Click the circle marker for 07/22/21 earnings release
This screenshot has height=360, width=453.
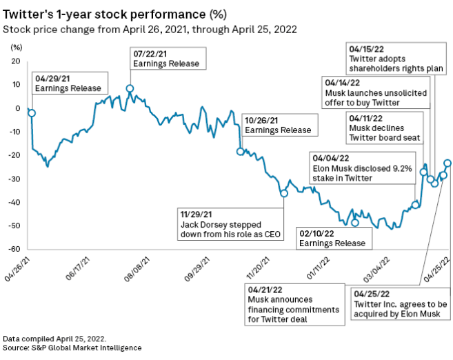pyautogui.click(x=130, y=89)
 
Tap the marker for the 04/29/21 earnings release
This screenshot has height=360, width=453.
pyautogui.click(x=32, y=112)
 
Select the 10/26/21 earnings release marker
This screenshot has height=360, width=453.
pyautogui.click(x=241, y=152)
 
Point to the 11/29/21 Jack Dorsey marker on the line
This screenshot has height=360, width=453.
pyautogui.click(x=284, y=194)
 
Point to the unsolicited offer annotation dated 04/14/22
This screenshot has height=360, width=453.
pyautogui.click(x=376, y=92)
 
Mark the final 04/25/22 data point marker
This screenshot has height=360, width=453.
pyautogui.click(x=447, y=163)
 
